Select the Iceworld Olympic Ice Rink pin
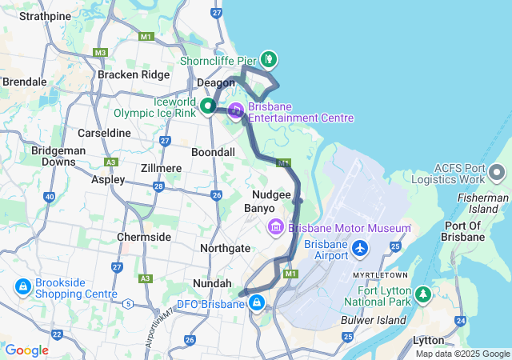pos(207,105)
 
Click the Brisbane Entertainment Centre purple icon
pos(236,111)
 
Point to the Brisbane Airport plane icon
pos(359,249)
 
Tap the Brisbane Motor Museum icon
pos(276,227)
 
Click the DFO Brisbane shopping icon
pos(257,303)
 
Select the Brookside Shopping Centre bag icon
pos(21,286)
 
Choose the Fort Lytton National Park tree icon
pos(422,295)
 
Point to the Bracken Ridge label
pos(134,74)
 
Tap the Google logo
pos(26,350)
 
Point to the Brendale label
pos(25,82)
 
